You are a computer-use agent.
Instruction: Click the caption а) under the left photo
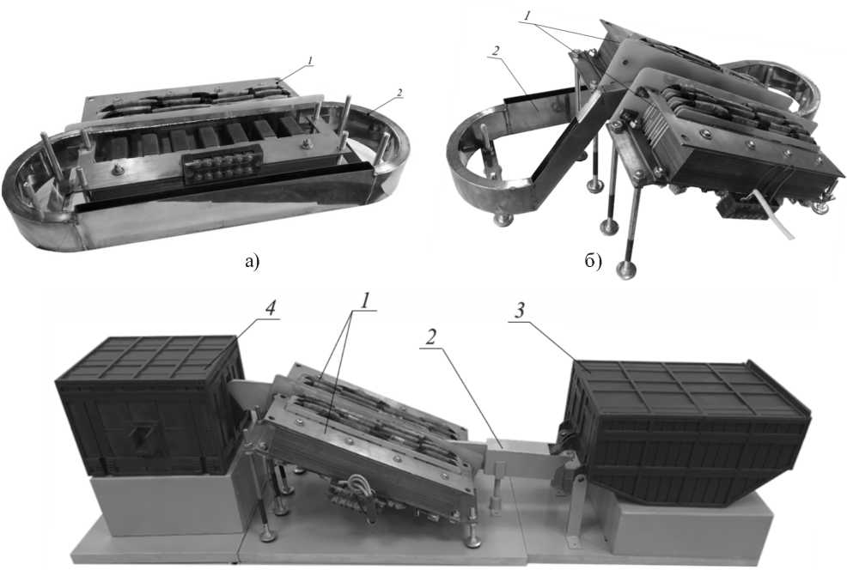[252, 263]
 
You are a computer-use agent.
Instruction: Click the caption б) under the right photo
[593, 262]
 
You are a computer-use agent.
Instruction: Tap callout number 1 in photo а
[309, 62]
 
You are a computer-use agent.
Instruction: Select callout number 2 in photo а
[399, 93]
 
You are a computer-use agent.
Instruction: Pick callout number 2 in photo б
[495, 51]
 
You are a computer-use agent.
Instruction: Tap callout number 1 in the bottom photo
[366, 302]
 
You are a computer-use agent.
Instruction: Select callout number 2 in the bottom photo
[431, 338]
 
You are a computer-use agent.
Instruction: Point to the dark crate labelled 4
[149, 406]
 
